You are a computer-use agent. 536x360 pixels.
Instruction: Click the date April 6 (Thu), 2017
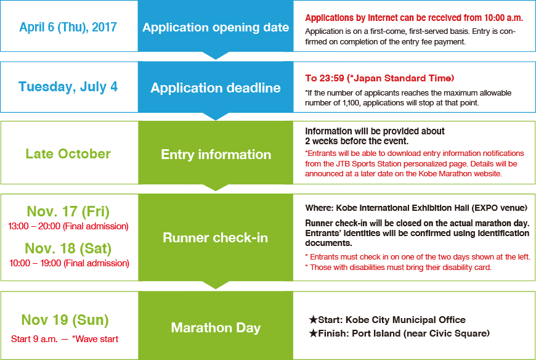coord(68,27)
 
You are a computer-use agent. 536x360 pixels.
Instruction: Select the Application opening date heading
coord(216,27)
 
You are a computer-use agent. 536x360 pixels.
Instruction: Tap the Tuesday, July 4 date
coord(68,87)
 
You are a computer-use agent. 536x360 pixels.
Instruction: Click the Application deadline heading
coord(216,88)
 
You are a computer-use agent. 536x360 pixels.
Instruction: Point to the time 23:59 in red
coord(331,78)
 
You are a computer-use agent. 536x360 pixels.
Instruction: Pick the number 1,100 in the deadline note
coord(351,103)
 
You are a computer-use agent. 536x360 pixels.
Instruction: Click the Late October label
coord(68,154)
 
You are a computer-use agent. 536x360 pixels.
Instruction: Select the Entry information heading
coord(216,155)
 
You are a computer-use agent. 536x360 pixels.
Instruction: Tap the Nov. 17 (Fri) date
coord(68,211)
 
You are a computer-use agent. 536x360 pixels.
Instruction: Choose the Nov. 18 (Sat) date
coord(68,248)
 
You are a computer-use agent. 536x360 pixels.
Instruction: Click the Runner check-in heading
coord(216,237)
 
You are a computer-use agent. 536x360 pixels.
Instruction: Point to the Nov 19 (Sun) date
coord(65,320)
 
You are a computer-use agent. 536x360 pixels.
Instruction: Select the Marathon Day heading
coord(216,327)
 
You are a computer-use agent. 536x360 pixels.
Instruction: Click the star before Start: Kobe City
coord(313,320)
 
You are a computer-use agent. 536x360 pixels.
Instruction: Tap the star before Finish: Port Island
coord(313,333)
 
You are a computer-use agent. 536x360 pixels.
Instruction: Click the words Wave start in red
coord(97,339)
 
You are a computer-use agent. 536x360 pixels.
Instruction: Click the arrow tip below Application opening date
coord(216,59)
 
